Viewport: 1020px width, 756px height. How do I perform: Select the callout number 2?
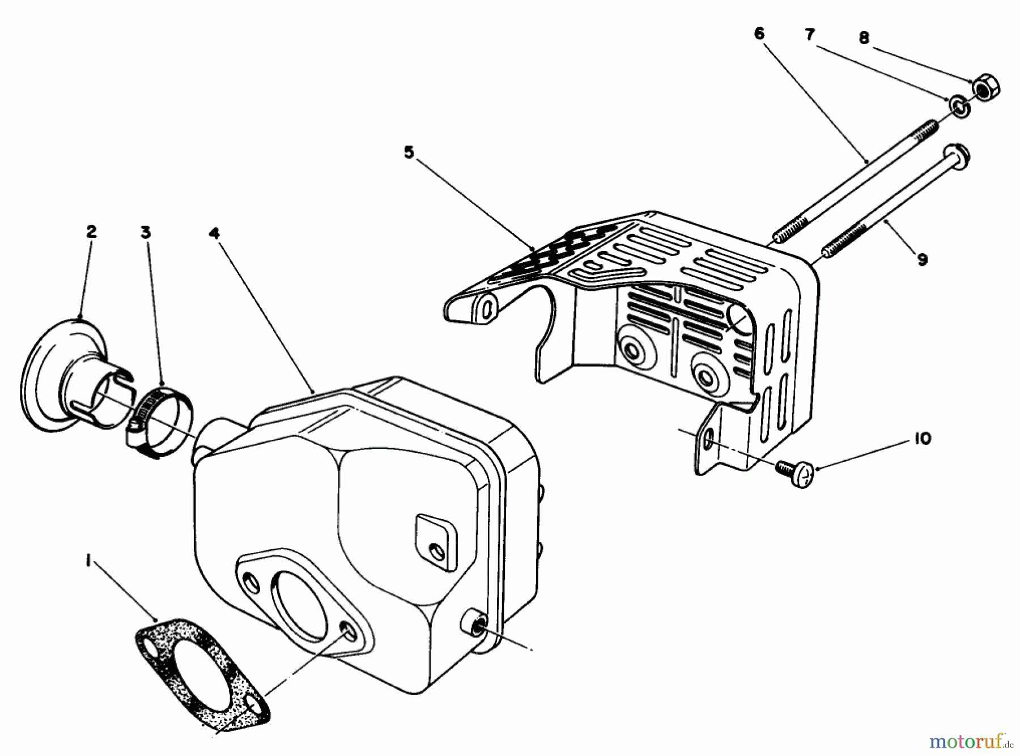pos(91,232)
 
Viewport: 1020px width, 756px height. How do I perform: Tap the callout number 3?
pos(146,232)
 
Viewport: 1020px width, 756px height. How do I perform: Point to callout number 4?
pos(214,233)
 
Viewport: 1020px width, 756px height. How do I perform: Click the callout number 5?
pos(409,152)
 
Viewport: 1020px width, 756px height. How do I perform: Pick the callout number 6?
pos(759,33)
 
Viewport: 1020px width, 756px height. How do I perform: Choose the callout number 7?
pos(810,35)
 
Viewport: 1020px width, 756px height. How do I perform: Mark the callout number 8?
pos(864,39)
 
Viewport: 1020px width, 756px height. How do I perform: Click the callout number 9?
pos(922,260)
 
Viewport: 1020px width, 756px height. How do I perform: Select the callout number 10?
pos(922,439)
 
